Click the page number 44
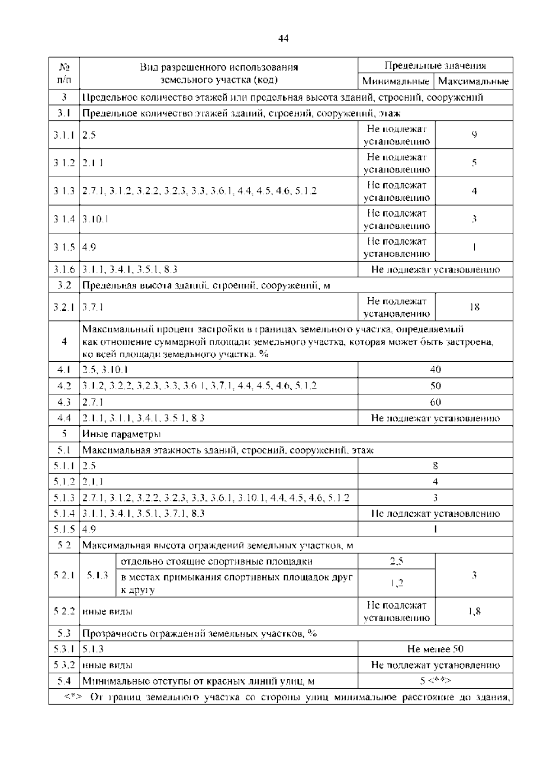283,38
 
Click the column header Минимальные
396,82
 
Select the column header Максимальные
473,82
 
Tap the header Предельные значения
435,65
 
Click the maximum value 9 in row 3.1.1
474,134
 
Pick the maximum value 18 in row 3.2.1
474,307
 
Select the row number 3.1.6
64,270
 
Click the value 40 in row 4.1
435,370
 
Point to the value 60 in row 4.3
435,402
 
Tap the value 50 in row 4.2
435,386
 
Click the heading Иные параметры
121,434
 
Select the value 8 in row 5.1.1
435,466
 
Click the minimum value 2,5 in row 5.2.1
396,562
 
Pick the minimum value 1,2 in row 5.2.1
396,583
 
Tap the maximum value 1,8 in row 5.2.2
474,612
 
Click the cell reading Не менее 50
435,649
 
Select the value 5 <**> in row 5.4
435,681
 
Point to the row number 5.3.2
64,665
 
